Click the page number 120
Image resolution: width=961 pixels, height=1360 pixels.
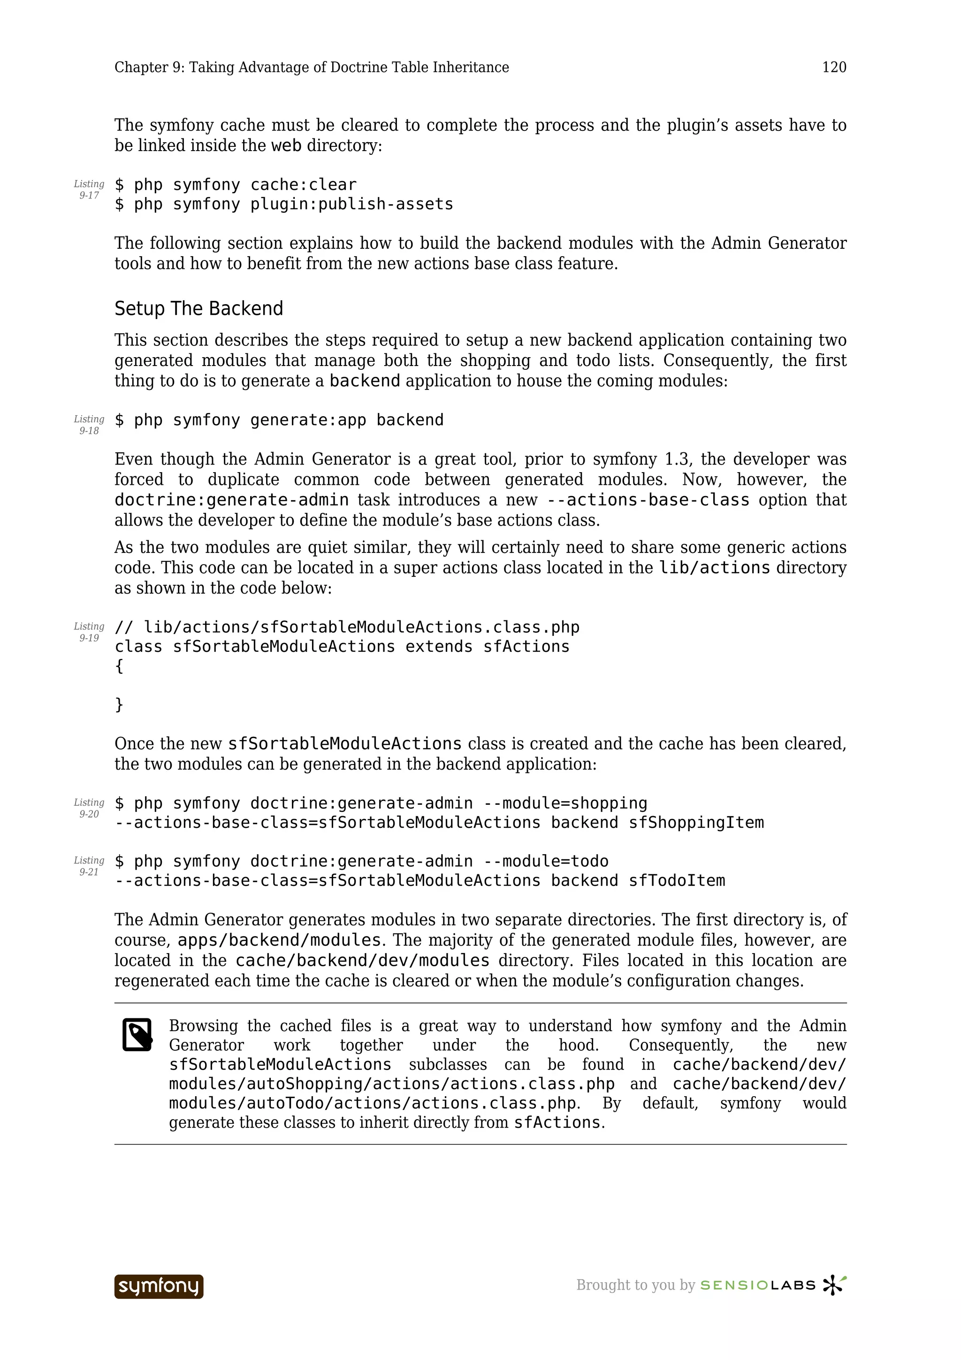tap(834, 68)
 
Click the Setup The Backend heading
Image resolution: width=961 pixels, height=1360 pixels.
tap(198, 309)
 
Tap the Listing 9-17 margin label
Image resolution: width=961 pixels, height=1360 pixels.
tap(89, 190)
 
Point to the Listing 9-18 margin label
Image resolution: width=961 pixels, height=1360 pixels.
tap(89, 425)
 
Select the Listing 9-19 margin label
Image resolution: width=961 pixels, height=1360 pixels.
tap(89, 632)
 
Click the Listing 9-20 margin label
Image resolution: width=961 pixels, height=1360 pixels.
tap(89, 808)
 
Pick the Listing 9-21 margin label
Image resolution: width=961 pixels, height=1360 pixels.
tap(89, 866)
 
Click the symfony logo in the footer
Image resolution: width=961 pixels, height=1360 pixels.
tap(159, 1286)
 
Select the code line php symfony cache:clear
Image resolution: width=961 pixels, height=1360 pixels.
tap(236, 185)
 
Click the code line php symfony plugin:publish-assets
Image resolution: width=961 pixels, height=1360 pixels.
tap(284, 204)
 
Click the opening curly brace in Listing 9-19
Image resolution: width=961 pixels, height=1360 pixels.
tap(119, 666)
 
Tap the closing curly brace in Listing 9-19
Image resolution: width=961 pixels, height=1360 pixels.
tap(119, 704)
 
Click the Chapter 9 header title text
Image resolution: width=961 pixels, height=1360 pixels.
tap(312, 68)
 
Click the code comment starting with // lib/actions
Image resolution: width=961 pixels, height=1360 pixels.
tap(347, 627)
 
